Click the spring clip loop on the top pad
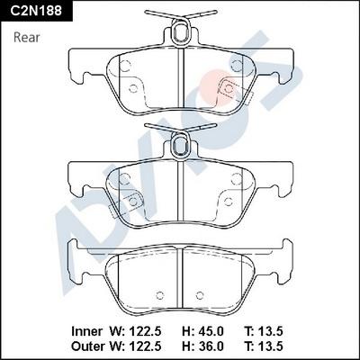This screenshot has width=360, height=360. pyautogui.click(x=183, y=34)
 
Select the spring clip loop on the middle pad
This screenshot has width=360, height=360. pyautogui.click(x=183, y=139)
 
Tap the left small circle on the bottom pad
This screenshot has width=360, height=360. pyautogui.click(x=159, y=294)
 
